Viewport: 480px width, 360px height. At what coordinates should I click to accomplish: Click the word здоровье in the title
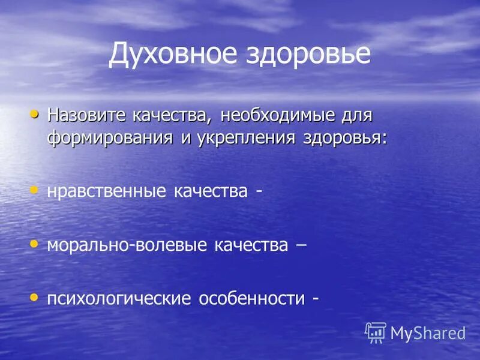coord(308,54)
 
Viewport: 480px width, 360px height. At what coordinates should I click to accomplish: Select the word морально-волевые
coord(128,245)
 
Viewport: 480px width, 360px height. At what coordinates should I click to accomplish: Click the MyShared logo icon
coord(376,332)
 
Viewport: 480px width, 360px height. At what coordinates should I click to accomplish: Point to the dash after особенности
coord(315,299)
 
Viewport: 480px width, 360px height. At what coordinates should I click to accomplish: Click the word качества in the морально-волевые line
coord(251,245)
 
